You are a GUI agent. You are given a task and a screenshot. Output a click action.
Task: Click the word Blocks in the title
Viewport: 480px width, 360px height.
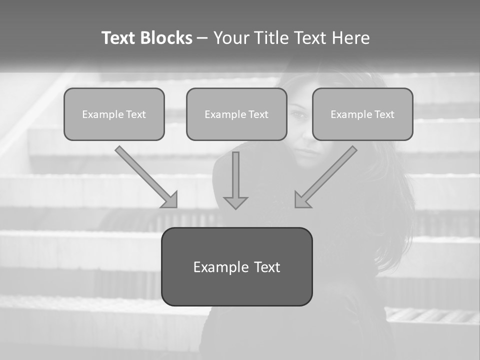[167, 38]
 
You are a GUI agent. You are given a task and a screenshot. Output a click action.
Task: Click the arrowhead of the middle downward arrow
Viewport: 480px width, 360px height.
[235, 203]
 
